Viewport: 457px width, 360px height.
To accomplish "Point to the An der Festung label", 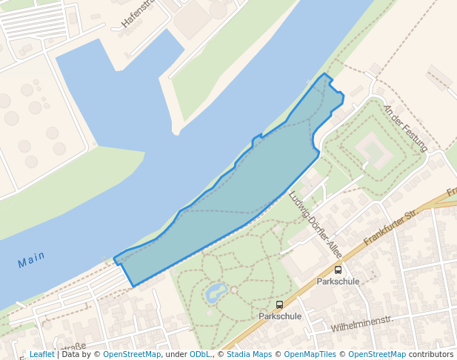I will click(x=405, y=128).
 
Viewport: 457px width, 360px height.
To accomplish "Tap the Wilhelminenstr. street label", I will click(x=361, y=324).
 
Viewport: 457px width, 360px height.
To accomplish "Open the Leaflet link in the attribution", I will click(x=41, y=355).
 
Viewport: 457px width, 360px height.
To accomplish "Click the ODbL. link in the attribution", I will click(x=200, y=355).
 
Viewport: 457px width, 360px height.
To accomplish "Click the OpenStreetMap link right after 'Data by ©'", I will click(x=132, y=355).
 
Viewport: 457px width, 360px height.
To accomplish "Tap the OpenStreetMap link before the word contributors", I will click(x=377, y=355).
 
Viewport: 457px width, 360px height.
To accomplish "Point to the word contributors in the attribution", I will click(x=431, y=355).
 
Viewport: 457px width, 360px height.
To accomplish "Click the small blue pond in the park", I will click(x=216, y=291).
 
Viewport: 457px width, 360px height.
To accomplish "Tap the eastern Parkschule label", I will click(x=338, y=281).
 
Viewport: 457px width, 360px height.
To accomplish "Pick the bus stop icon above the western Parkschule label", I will click(x=279, y=304).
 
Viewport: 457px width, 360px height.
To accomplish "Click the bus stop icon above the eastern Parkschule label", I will click(x=338, y=270).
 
